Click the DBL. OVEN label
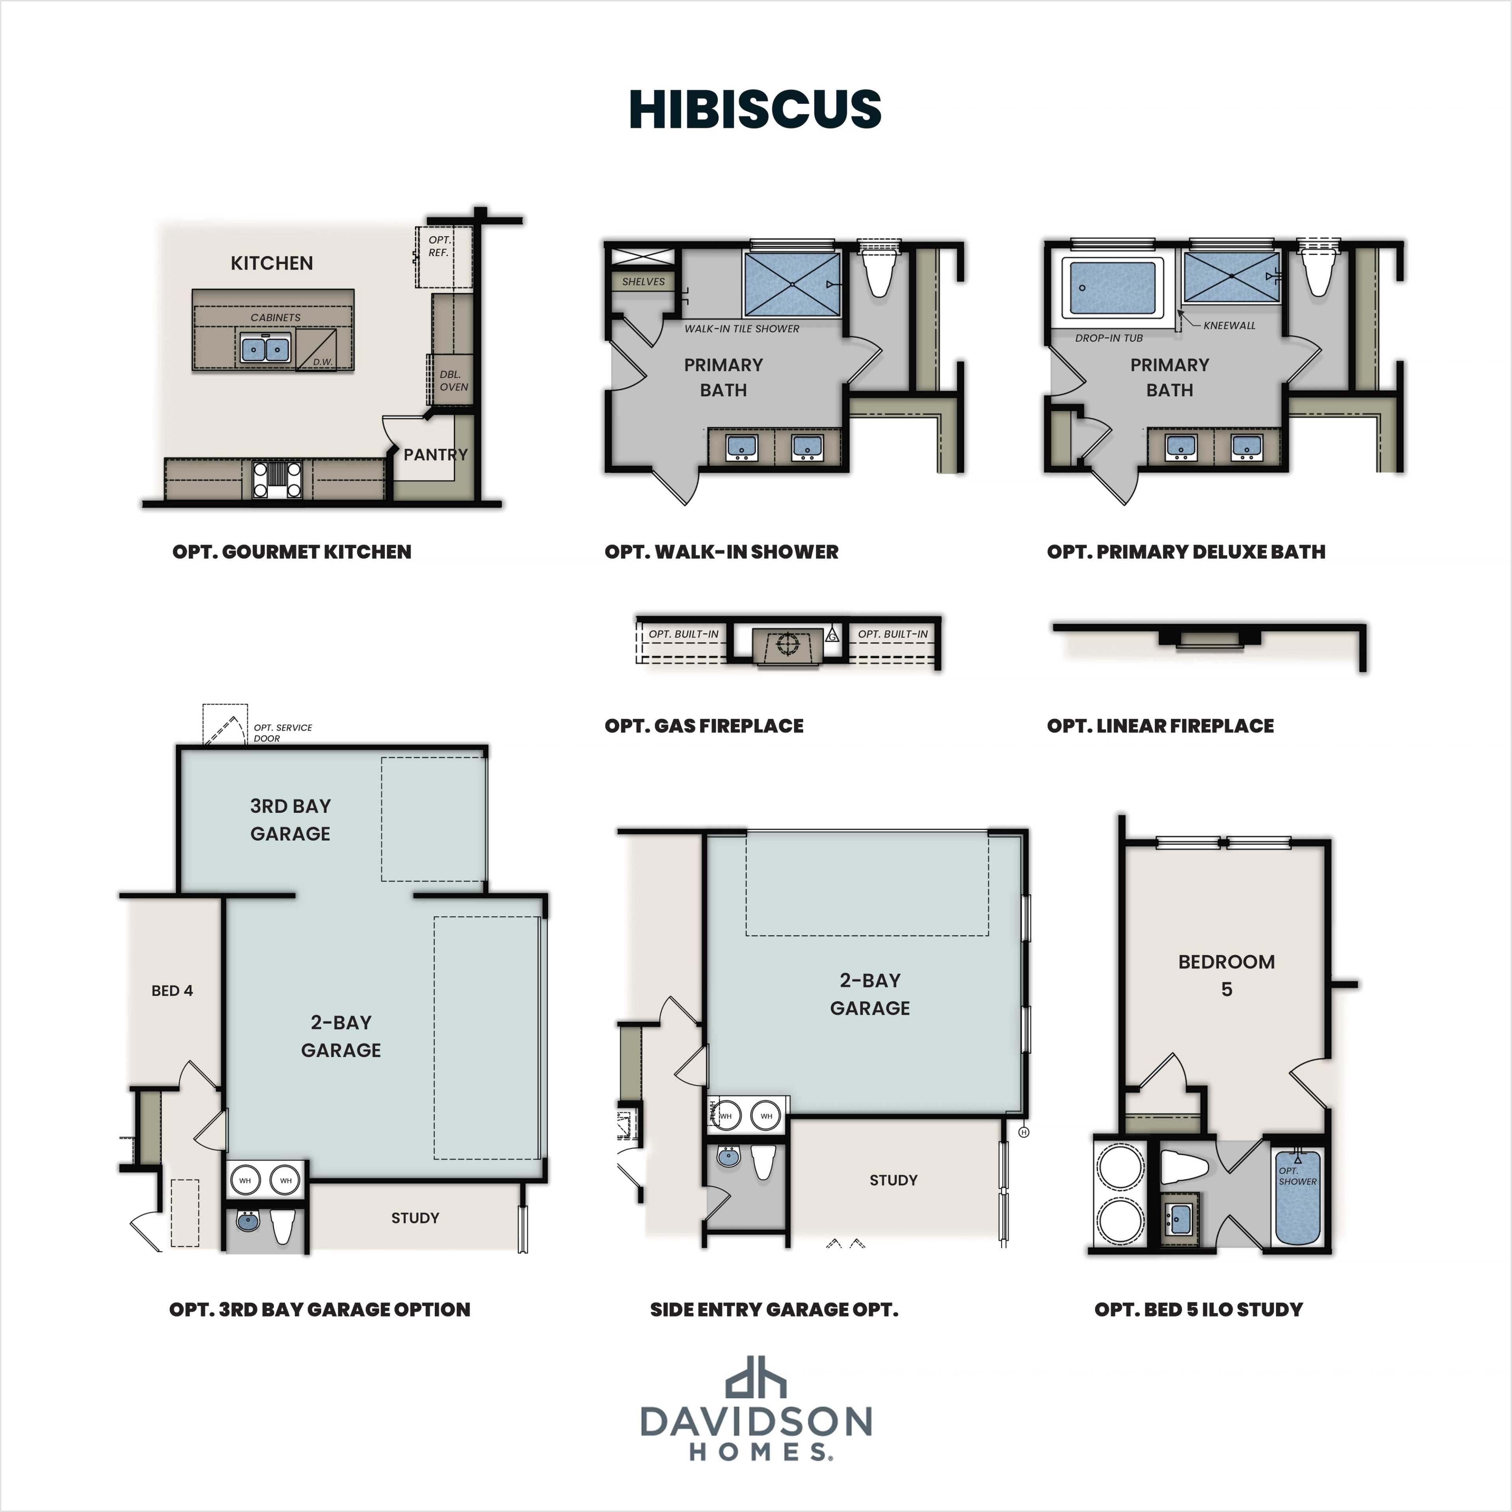click(454, 380)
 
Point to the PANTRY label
click(435, 454)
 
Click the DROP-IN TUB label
click(1108, 338)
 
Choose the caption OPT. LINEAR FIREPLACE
click(1160, 725)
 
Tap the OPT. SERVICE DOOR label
click(282, 732)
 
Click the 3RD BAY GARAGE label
click(290, 819)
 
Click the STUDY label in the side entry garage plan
click(893, 1180)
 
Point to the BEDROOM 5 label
click(1227, 975)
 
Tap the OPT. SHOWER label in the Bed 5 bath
click(1297, 1176)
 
